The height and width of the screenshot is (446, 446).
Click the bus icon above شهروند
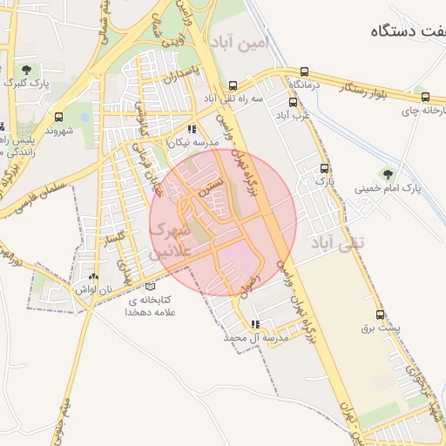pos(58,117)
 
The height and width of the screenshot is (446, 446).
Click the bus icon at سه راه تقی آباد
pos(233,85)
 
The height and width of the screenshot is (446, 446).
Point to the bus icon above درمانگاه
pos(304,72)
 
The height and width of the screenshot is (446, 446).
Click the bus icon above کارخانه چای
pos(425,98)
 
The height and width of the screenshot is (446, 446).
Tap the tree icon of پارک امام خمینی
pos(388,172)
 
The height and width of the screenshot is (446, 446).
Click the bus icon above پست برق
pos(380,314)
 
